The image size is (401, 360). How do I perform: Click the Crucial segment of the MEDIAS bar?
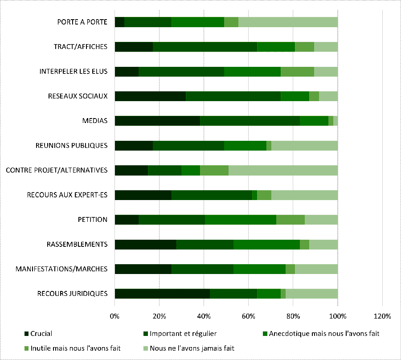click(x=157, y=121)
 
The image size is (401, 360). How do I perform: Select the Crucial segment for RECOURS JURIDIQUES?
click(x=162, y=293)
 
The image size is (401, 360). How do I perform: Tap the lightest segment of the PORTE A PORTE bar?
click(x=288, y=22)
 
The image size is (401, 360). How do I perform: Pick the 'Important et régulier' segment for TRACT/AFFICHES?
click(x=205, y=47)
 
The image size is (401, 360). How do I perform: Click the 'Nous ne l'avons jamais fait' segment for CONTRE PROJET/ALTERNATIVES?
click(x=283, y=170)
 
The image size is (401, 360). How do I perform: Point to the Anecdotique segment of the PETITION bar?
click(x=241, y=219)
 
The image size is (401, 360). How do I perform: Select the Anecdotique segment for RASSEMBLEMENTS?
click(x=266, y=244)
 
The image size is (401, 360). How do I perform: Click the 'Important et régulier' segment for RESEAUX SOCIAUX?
click(x=233, y=96)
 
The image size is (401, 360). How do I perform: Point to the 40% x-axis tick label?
click(x=204, y=316)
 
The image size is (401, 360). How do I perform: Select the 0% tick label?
click(x=115, y=316)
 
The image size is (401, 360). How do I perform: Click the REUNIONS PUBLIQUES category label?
click(x=71, y=145)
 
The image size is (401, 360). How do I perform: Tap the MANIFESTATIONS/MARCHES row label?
click(x=61, y=269)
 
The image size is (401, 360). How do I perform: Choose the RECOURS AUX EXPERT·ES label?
click(x=67, y=195)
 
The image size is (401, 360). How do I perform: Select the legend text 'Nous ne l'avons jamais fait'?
click(x=192, y=348)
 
